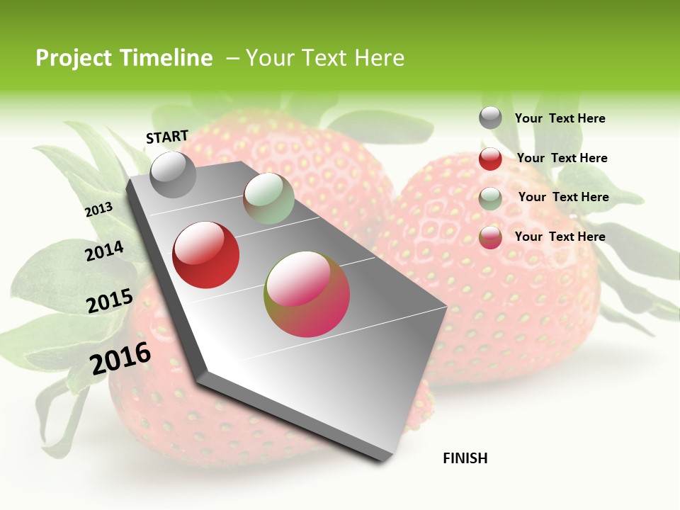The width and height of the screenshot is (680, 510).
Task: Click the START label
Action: pos(167,137)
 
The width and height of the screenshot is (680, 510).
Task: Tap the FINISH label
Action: pos(465,458)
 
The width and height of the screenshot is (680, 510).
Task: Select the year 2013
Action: pos(98,210)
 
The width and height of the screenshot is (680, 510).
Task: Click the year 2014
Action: pos(104,251)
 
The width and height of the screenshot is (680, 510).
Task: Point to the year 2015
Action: pos(109,301)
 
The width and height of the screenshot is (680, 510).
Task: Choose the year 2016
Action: pos(120,358)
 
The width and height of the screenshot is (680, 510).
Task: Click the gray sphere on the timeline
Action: pos(173,174)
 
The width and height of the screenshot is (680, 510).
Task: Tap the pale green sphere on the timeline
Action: pos(268,198)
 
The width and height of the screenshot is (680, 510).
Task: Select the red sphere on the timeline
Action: pos(206,255)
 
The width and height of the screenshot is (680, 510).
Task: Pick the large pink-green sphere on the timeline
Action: pos(307,294)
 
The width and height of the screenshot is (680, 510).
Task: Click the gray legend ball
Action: pos(490,118)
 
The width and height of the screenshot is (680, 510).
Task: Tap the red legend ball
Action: pos(490,159)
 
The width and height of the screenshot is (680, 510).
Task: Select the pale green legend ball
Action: pos(490,198)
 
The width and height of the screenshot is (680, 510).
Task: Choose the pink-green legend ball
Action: pos(490,237)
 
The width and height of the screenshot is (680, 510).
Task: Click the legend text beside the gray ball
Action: pos(560,118)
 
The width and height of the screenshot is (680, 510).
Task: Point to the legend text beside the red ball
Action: pos(562,158)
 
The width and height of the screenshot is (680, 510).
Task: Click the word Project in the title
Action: pos(74,58)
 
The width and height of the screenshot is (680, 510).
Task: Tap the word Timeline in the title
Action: pos(166,58)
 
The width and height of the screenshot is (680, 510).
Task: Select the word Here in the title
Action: pos(379,58)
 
